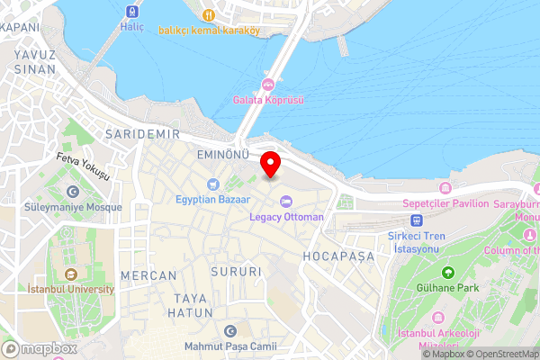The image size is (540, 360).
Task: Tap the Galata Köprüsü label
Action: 267,100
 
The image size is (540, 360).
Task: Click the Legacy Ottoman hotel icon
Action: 286,201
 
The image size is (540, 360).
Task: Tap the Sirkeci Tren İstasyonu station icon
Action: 416,220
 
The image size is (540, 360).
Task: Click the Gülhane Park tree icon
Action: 447,272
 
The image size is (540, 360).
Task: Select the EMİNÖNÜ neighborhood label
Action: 222,155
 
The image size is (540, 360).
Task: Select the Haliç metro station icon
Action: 132,13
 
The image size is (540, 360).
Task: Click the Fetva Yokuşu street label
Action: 83,166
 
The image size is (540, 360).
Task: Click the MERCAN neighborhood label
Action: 142,274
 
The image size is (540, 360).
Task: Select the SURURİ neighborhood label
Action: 236,271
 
